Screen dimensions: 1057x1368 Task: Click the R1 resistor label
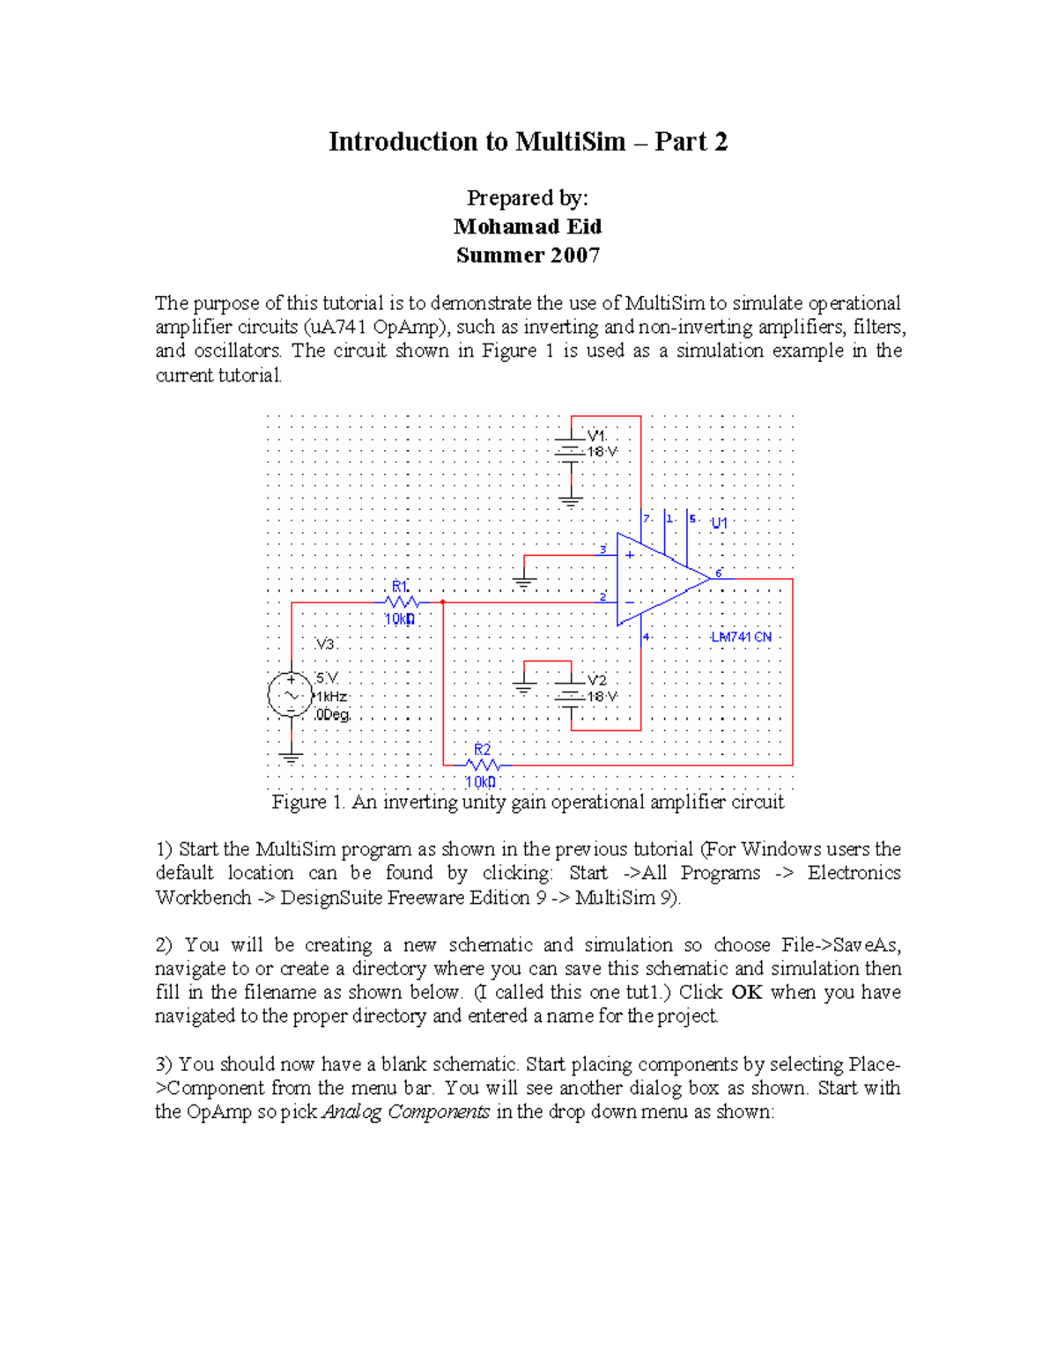(x=400, y=587)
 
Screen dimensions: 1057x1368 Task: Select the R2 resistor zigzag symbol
(x=483, y=765)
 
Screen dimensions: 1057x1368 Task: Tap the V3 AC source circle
(x=291, y=694)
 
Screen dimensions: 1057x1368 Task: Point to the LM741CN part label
(x=741, y=637)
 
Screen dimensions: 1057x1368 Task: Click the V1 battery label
(x=596, y=435)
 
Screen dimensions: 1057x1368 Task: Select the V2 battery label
(x=596, y=680)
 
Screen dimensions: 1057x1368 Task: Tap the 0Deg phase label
(x=333, y=714)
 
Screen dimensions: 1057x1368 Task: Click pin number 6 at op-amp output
(x=719, y=573)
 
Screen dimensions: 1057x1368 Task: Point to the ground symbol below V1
(x=571, y=503)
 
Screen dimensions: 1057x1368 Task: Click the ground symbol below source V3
(x=291, y=756)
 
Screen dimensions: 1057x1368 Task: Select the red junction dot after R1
(x=443, y=603)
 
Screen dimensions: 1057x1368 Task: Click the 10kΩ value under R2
(x=480, y=781)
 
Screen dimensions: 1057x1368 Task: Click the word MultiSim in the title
(x=570, y=142)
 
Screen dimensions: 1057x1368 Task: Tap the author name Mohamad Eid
(x=528, y=226)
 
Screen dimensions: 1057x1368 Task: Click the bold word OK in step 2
(x=746, y=992)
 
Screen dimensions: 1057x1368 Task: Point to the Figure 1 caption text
(x=528, y=802)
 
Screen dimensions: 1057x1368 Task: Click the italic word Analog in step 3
(x=352, y=1112)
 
